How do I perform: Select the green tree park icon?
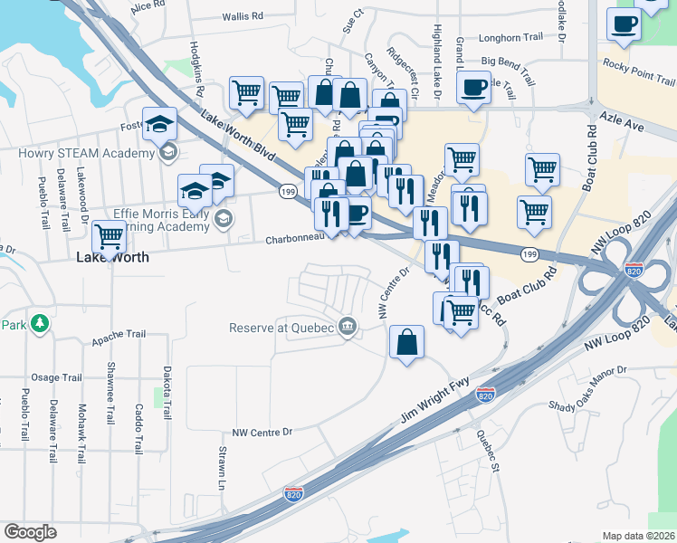tap(39, 323)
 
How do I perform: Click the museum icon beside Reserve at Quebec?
tap(347, 327)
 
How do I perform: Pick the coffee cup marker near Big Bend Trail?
tap(474, 88)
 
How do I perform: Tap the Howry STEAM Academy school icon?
tap(167, 152)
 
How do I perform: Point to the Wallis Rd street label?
tap(242, 16)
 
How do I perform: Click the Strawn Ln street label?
tap(222, 467)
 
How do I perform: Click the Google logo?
tap(30, 532)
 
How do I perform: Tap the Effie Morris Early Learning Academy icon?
tap(224, 217)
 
